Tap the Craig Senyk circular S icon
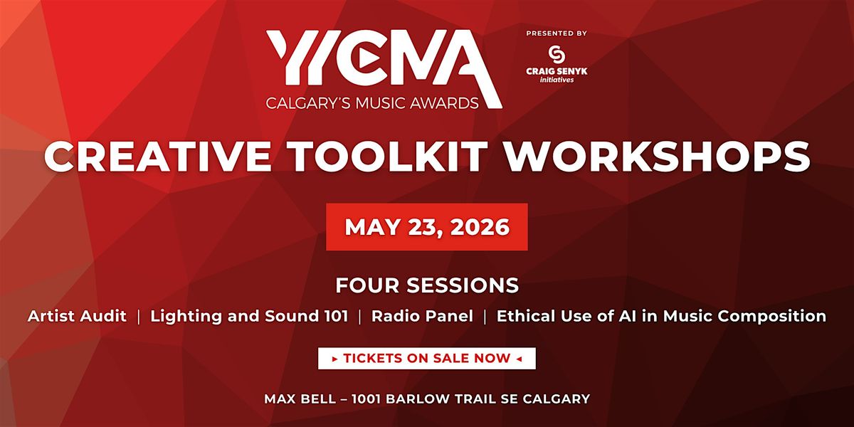(557, 54)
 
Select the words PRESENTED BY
(557, 33)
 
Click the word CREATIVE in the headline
(157, 157)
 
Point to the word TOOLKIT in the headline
(388, 157)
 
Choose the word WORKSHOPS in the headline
(658, 157)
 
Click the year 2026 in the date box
(480, 227)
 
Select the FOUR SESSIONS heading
(427, 285)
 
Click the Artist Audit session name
(77, 316)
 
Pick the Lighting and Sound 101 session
(249, 316)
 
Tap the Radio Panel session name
(423, 316)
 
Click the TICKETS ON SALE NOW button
(427, 359)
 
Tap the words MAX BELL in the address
(300, 399)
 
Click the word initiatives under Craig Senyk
(557, 80)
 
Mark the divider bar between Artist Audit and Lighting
(138, 317)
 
